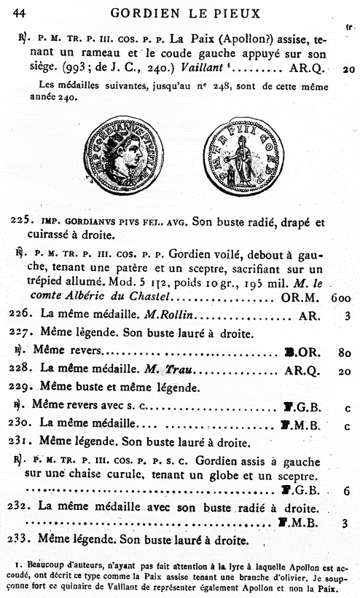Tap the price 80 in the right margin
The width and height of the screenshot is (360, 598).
[344, 352]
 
